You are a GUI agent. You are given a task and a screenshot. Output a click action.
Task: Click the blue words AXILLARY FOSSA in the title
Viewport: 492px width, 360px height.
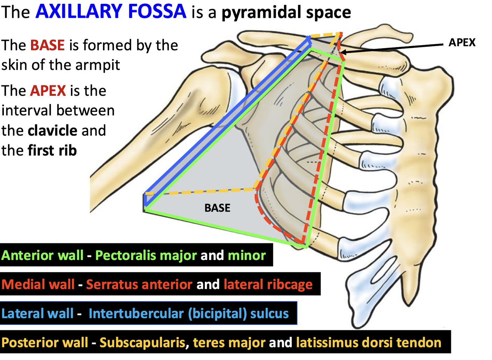click(x=111, y=11)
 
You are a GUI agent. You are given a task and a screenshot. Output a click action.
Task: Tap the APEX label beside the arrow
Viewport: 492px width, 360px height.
click(x=462, y=43)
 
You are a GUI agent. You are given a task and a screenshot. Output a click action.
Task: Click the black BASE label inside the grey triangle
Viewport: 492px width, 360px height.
click(x=217, y=208)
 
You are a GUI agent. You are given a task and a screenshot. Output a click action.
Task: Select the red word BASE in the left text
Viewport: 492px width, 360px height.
click(x=48, y=45)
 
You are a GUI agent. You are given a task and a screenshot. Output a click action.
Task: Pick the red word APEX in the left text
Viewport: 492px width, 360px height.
click(x=48, y=91)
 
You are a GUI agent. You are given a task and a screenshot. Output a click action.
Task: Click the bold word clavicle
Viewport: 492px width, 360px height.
click(x=52, y=131)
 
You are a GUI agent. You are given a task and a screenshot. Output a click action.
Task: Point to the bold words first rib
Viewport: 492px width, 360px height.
click(x=52, y=151)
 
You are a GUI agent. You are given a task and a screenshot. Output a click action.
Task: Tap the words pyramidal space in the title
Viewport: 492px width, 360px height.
click(x=286, y=13)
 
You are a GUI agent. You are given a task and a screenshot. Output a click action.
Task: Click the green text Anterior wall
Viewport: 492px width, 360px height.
click(x=42, y=255)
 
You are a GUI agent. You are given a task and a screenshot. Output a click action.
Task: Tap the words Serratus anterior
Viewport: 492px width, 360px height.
click(x=139, y=285)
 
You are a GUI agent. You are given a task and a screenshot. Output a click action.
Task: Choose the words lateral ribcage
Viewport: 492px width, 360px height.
click(x=268, y=285)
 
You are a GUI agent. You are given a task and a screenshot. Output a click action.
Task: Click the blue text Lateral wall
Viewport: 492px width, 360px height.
click(x=37, y=314)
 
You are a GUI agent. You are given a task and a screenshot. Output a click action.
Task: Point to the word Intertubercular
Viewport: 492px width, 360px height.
click(x=136, y=314)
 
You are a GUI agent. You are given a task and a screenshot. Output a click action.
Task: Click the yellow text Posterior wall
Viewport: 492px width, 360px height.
click(x=45, y=343)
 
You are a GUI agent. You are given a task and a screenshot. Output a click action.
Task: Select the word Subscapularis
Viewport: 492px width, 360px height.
click(x=142, y=343)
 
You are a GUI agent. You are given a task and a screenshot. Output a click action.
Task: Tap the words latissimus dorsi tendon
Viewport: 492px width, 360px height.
click(x=368, y=343)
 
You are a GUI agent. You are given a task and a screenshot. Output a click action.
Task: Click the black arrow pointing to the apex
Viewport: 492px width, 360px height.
click(x=391, y=48)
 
